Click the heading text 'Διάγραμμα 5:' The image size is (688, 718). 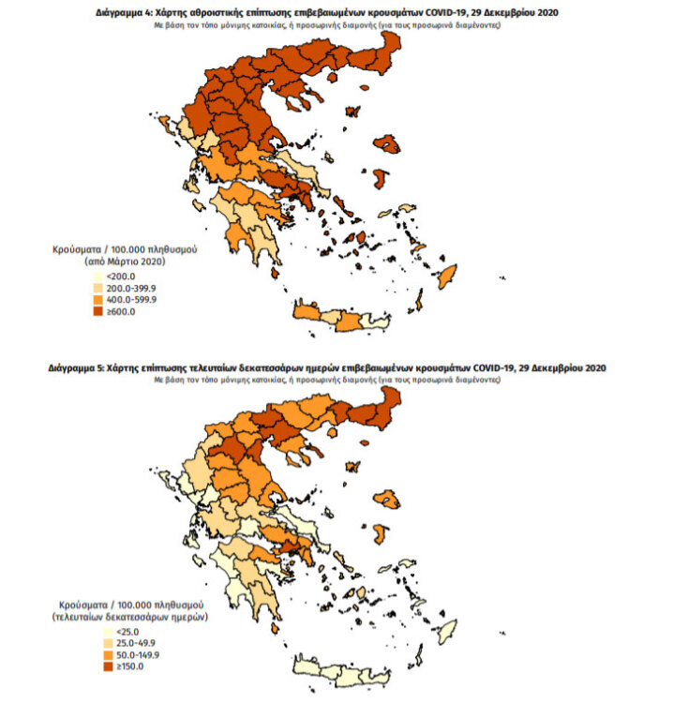pos(77,368)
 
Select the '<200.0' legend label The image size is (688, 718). pos(122,277)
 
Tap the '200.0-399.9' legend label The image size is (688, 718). pos(135,289)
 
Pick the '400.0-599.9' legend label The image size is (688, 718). pos(135,300)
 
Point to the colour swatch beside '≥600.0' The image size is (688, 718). pos(97,311)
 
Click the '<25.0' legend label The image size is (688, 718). pos(119,632)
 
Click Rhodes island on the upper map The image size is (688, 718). pos(447,276)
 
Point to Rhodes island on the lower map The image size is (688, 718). pos(446,629)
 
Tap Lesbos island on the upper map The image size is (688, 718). pos(385,143)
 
